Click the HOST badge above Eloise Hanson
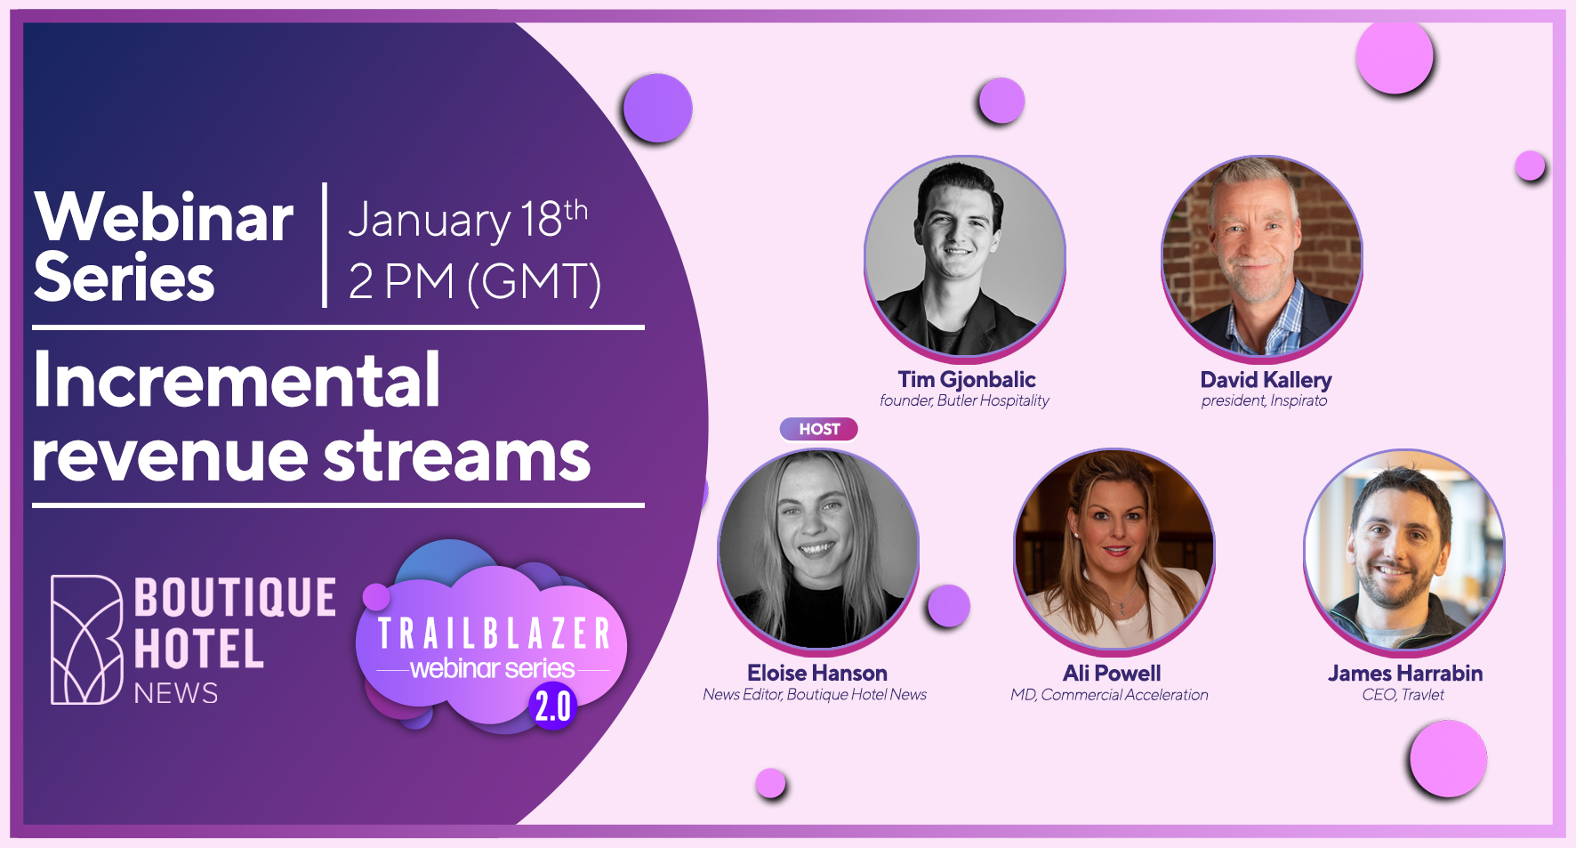(x=819, y=429)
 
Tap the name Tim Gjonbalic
(x=967, y=380)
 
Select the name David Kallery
(x=1266, y=380)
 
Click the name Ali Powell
(x=1112, y=673)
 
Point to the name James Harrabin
(x=1405, y=673)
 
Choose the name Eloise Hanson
(x=817, y=673)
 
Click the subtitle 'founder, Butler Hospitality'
(x=964, y=400)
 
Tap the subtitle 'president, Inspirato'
(x=1264, y=400)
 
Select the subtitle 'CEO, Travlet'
(x=1403, y=694)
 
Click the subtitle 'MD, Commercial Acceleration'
(x=1109, y=694)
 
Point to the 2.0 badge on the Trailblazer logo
(x=552, y=707)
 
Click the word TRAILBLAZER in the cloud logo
(x=495, y=634)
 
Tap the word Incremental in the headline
(x=237, y=380)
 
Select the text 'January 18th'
(x=468, y=219)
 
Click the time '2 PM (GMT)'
(x=475, y=281)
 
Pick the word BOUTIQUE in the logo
(x=235, y=597)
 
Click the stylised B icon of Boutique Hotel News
(x=86, y=640)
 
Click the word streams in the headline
(x=456, y=456)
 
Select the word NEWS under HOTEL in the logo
(x=176, y=693)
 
